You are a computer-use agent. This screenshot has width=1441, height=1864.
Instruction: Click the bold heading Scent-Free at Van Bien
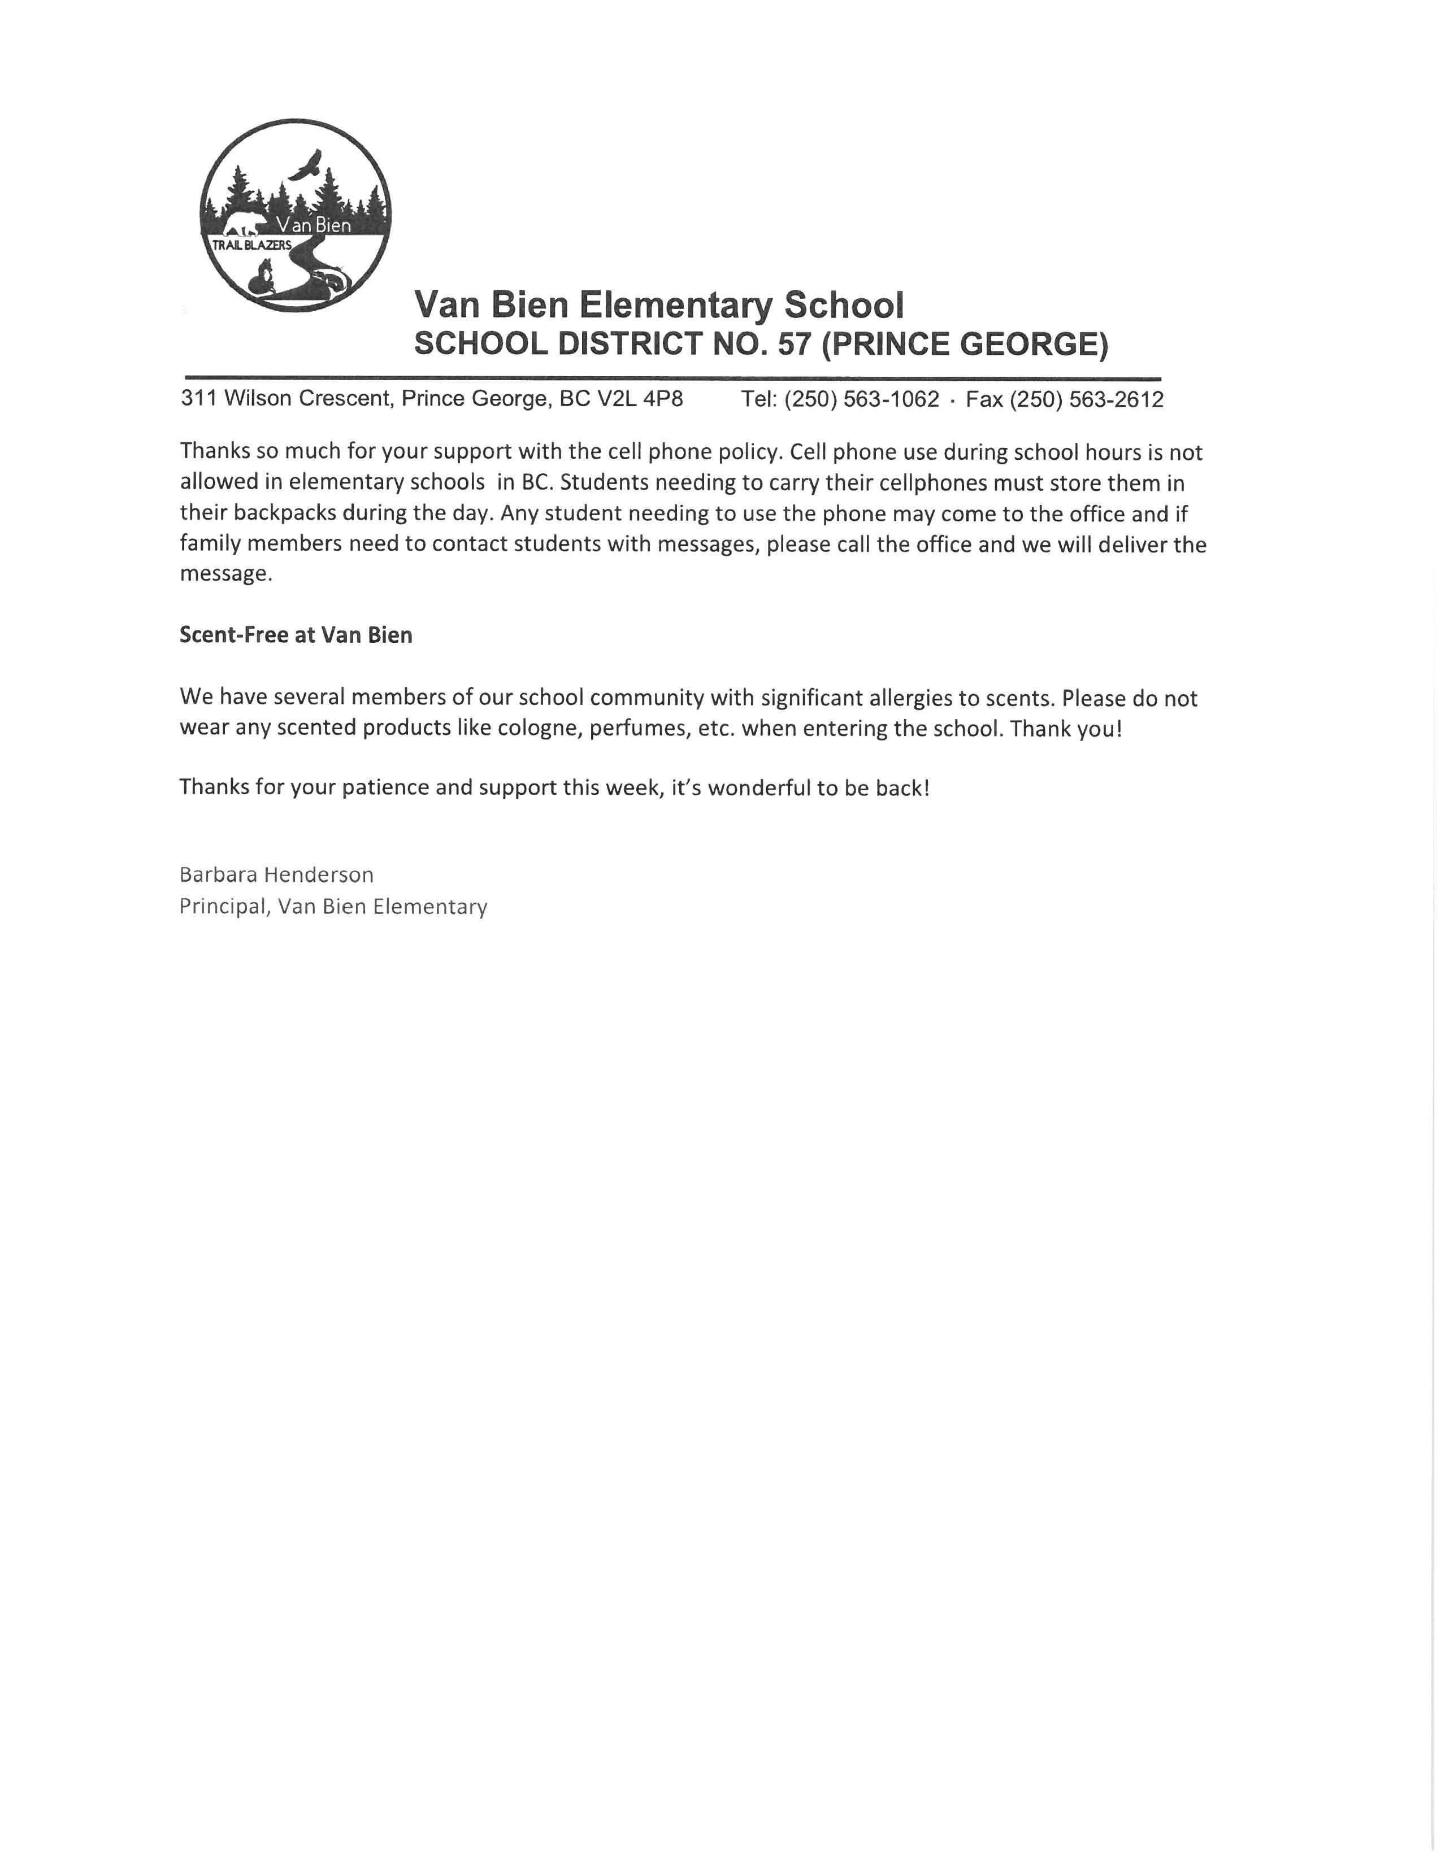point(296,635)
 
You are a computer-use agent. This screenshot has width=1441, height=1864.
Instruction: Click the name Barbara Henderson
point(276,875)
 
